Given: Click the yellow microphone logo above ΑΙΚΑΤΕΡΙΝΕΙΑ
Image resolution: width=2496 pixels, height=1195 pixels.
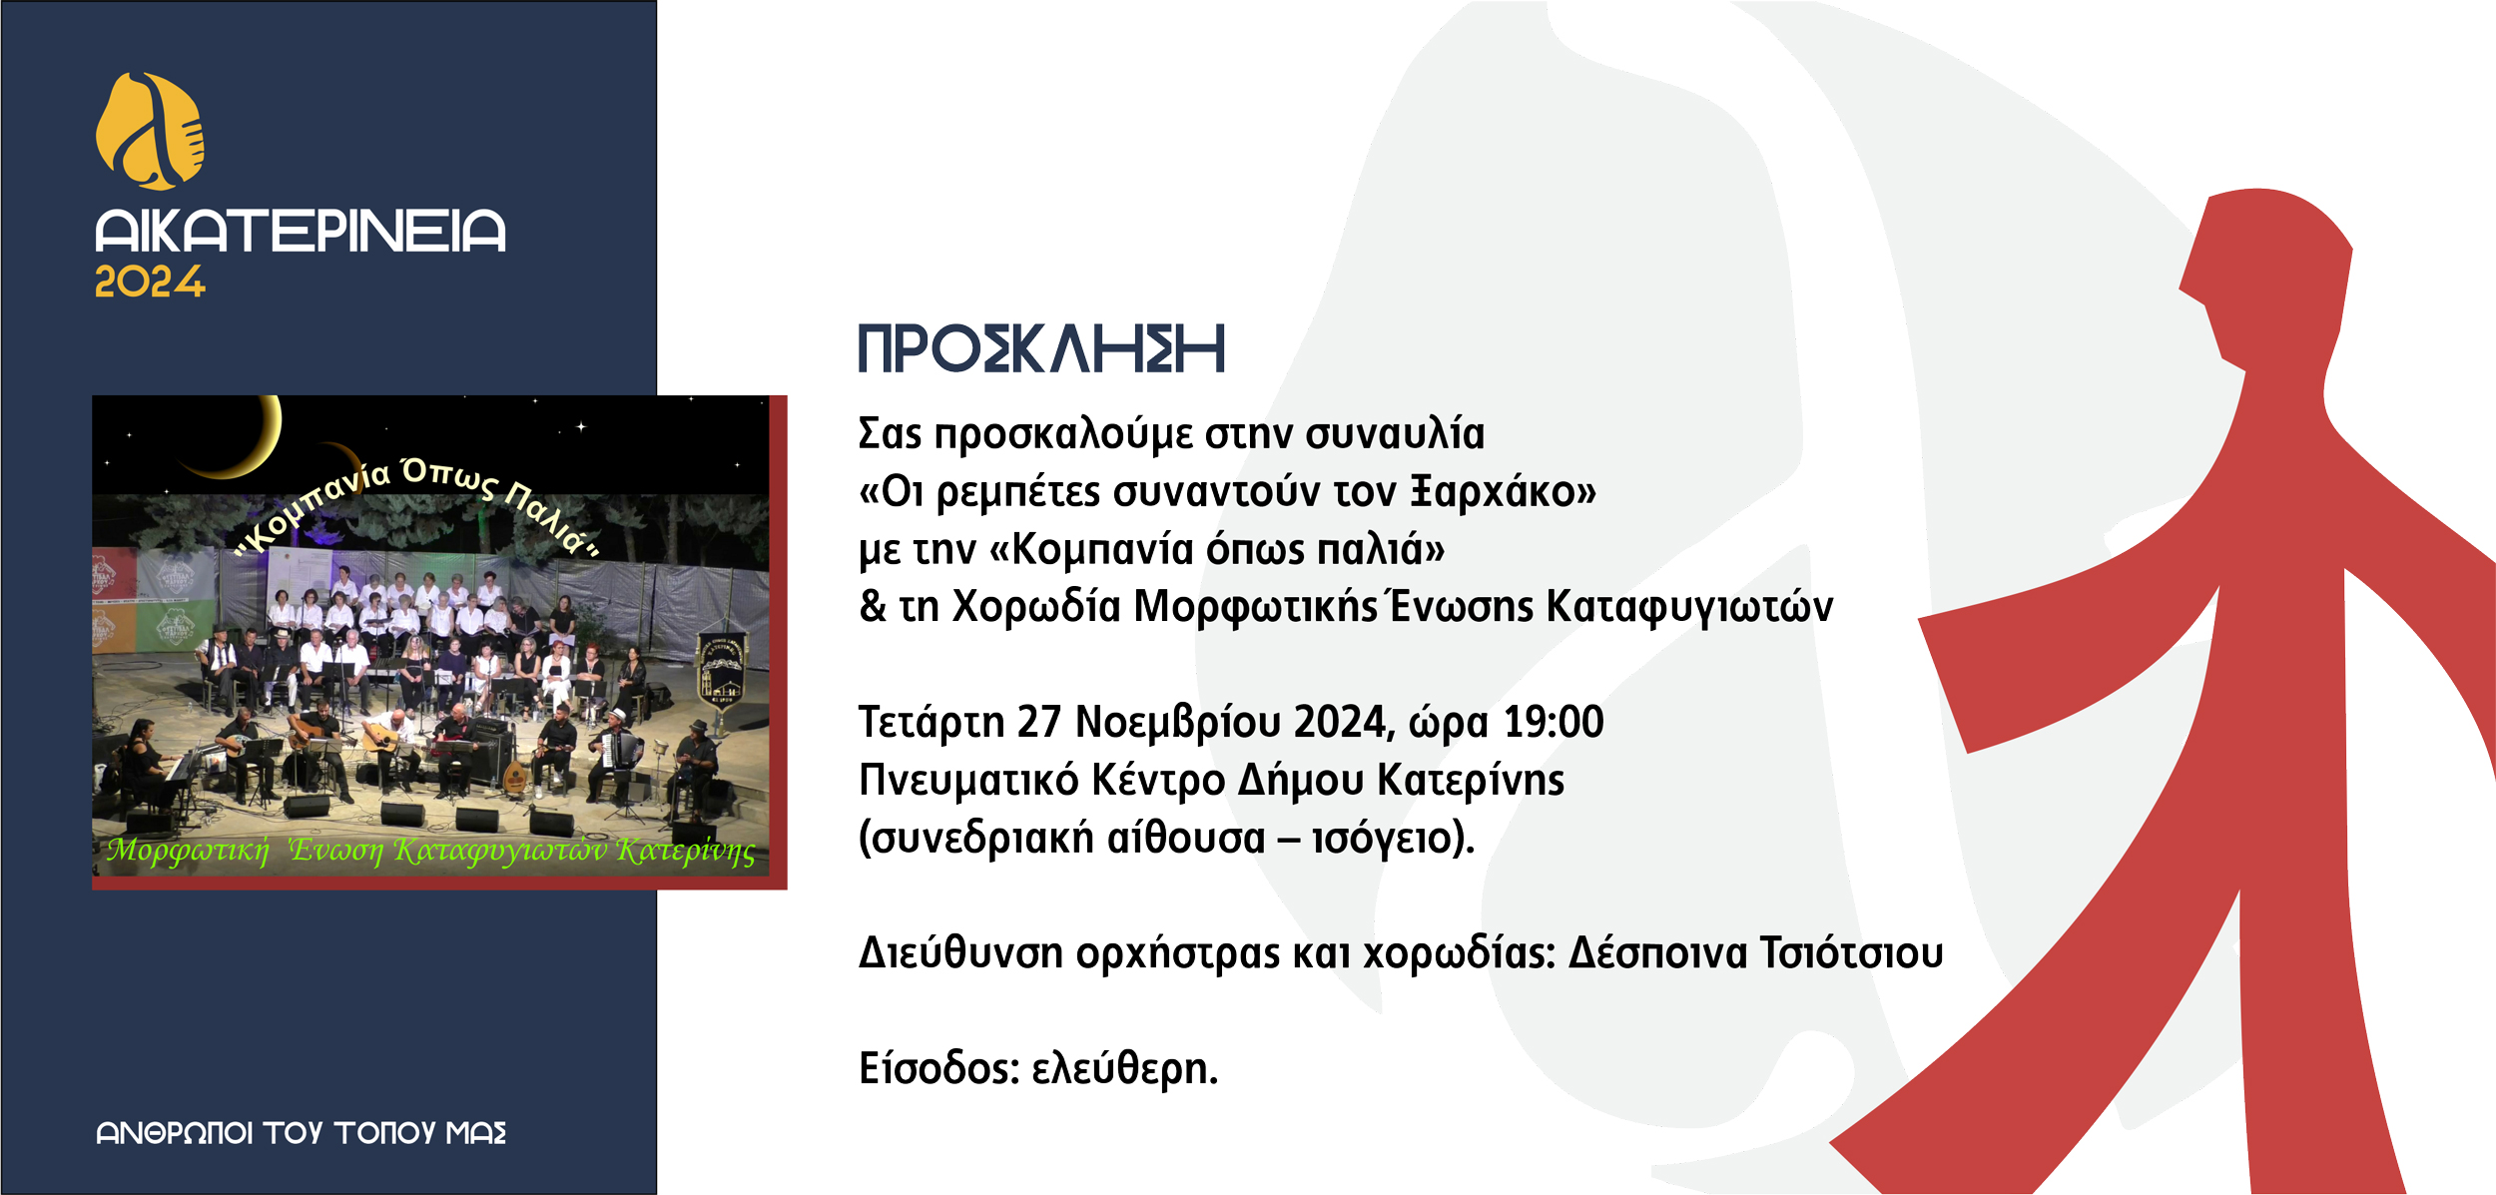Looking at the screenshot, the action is click(x=150, y=131).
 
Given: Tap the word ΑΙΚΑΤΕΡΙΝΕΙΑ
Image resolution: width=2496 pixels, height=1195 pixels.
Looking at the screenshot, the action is click(x=301, y=231).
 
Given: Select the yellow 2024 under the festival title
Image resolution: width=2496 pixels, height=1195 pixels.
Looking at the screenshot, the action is click(x=150, y=282).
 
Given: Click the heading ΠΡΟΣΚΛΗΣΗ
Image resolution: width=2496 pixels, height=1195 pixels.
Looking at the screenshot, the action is click(x=1041, y=348).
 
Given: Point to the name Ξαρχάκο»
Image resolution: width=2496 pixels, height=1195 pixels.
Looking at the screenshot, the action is click(x=1503, y=492).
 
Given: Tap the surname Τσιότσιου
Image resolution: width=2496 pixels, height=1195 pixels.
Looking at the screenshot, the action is click(x=1851, y=953).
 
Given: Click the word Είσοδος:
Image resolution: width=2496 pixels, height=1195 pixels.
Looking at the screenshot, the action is click(x=938, y=1069).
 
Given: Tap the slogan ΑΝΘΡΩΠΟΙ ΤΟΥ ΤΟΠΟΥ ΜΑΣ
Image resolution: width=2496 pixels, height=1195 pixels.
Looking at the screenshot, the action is click(x=302, y=1133).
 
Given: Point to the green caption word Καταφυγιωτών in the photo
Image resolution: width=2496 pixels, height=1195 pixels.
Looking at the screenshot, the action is click(x=499, y=851).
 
